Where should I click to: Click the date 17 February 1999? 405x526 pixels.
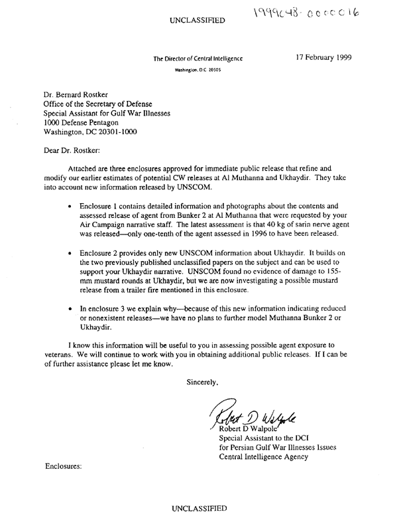(x=328, y=58)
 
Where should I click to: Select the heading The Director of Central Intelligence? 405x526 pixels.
(x=198, y=59)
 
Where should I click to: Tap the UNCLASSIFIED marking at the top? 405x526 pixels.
(x=198, y=21)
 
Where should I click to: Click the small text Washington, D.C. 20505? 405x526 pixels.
(x=197, y=69)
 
